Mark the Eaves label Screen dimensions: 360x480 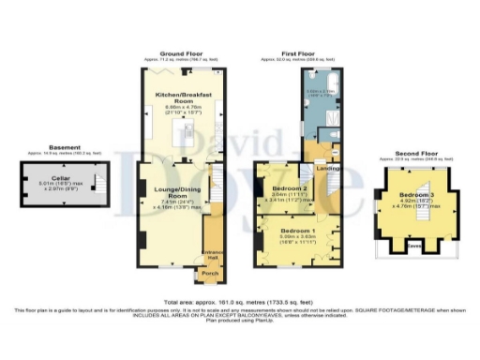[412, 248]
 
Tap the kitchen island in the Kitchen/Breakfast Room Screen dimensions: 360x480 [187, 137]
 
